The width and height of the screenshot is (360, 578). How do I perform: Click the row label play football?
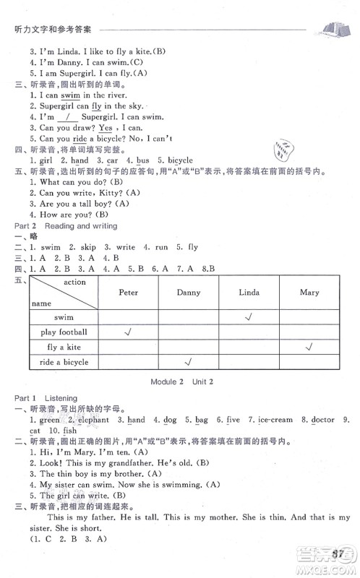click(64, 332)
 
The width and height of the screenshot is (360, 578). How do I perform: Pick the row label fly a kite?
click(64, 347)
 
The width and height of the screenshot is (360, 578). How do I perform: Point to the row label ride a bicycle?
click(64, 362)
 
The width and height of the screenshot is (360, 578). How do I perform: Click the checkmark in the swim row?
click(248, 316)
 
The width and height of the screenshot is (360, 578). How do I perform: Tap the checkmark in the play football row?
click(128, 332)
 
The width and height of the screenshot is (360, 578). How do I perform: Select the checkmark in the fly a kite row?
click(309, 347)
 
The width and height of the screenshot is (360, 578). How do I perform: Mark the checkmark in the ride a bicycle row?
click(188, 362)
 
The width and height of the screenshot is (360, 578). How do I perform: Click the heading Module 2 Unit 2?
click(180, 381)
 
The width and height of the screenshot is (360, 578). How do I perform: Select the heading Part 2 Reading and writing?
click(65, 225)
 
